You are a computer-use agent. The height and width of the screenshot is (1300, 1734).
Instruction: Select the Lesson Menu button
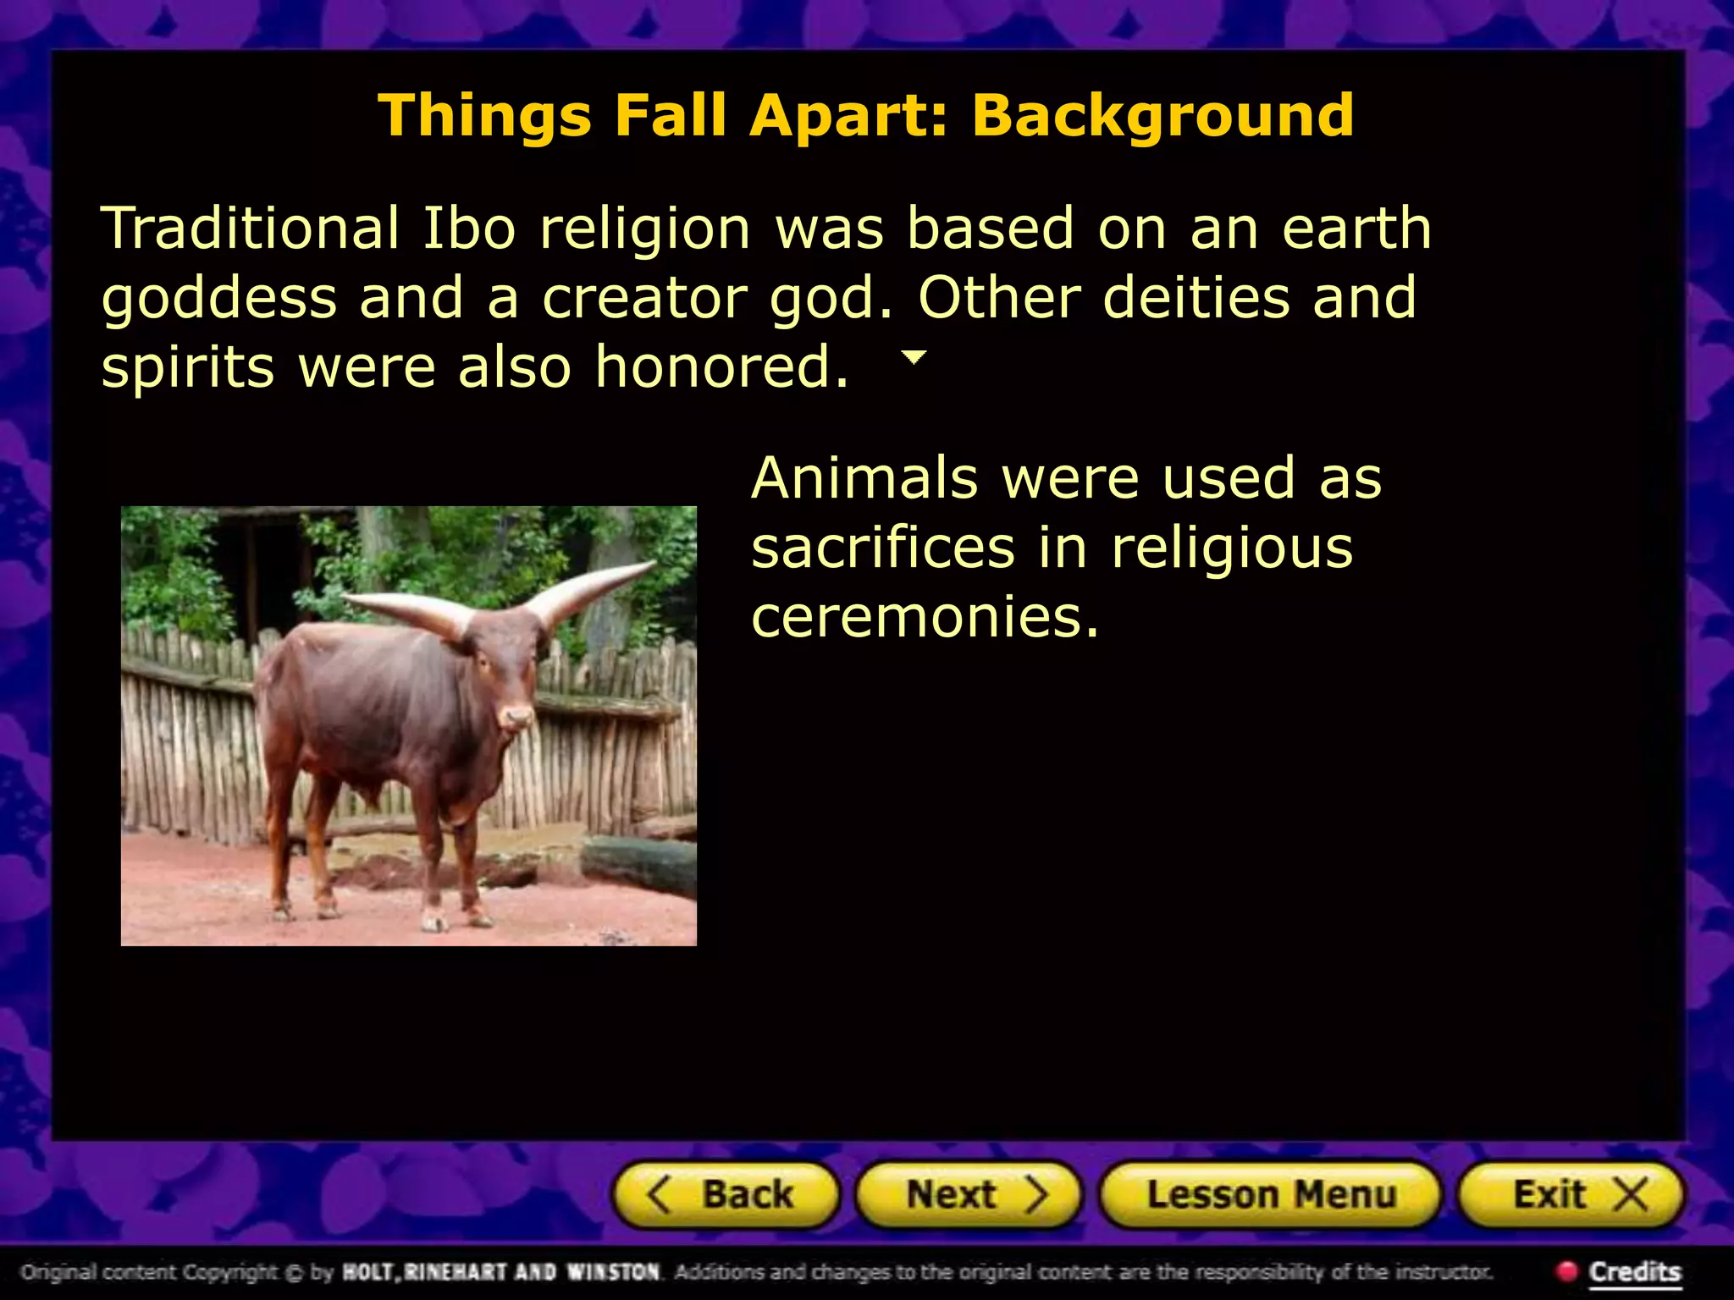[x=1270, y=1195]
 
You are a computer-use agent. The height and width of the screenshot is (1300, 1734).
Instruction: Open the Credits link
[x=1634, y=1271]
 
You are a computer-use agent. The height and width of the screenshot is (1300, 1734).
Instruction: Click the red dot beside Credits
[x=1567, y=1270]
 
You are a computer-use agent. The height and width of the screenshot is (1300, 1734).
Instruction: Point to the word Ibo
[x=469, y=229]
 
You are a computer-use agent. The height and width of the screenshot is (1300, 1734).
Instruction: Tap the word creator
[x=644, y=298]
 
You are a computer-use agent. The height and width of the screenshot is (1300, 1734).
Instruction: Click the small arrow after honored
[x=914, y=357]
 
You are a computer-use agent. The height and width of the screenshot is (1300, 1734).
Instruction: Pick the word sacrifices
[x=882, y=548]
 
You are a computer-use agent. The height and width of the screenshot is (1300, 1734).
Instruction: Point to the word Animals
[x=864, y=478]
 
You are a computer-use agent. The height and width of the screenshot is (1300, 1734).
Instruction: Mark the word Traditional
[x=251, y=229]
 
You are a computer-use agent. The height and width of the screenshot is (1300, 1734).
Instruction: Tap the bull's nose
[x=516, y=719]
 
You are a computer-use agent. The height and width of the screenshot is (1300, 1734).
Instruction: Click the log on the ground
[x=639, y=863]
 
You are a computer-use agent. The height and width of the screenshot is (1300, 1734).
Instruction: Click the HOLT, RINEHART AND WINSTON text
[x=500, y=1271]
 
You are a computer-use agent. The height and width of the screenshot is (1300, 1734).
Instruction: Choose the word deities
[x=1196, y=298]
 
